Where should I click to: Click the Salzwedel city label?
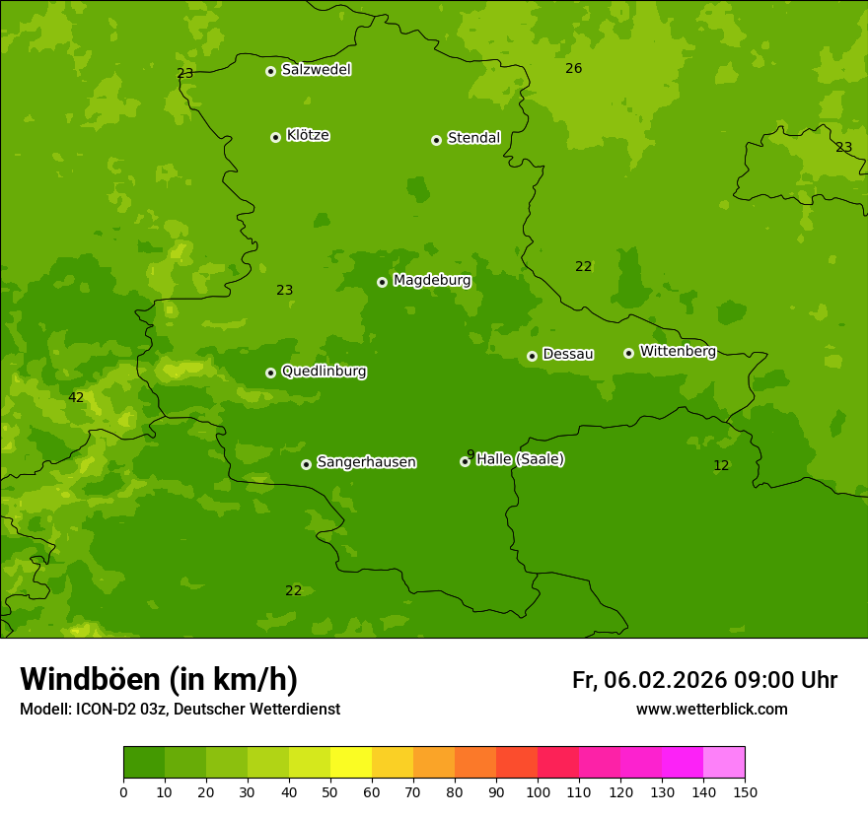316,70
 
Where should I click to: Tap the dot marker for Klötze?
275,137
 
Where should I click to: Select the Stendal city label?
473,138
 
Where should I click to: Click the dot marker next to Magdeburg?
382,282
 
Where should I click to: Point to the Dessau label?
568,354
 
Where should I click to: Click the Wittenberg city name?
678,351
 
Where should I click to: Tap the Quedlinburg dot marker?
270,373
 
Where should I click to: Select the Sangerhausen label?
366,462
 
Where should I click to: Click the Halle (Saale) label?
520,459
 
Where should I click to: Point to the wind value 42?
76,398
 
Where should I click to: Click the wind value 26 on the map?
573,68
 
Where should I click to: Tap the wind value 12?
721,465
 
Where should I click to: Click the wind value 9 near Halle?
470,454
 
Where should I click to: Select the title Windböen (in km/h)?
159,679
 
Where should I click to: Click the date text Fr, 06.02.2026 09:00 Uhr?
704,680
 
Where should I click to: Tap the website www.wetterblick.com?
711,710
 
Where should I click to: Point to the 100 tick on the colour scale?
538,791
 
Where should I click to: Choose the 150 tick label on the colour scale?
745,791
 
